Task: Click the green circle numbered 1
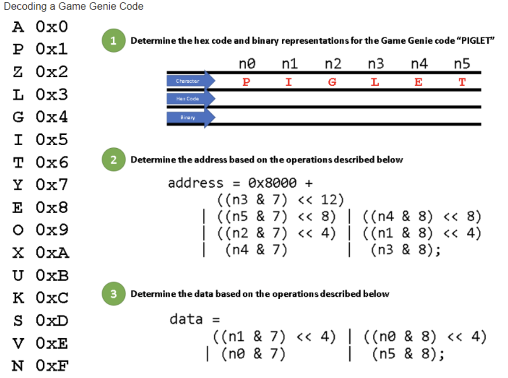[113, 41]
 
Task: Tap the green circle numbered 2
[113, 160]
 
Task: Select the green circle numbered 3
[113, 294]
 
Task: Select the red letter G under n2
[332, 83]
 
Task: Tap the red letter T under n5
[462, 83]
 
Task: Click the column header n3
[376, 64]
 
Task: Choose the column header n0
[247, 64]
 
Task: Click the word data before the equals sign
[186, 319]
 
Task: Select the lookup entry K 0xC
[40, 298]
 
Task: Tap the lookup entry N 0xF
[40, 366]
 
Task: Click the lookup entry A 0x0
[40, 26]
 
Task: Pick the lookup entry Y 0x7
[40, 185]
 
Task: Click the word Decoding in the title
[22, 6]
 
